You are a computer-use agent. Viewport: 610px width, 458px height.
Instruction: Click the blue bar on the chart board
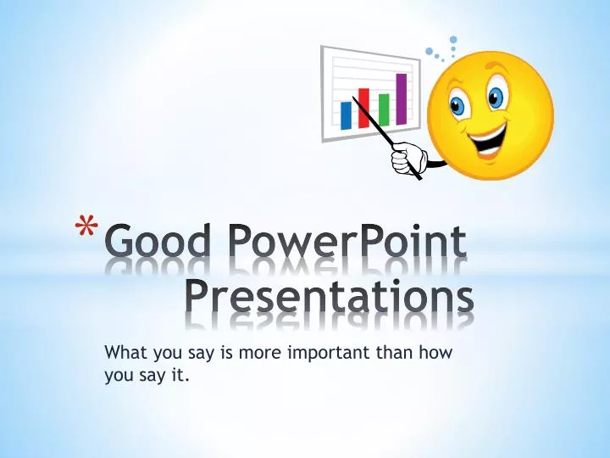346,114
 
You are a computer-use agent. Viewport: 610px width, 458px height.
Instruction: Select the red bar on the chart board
364,107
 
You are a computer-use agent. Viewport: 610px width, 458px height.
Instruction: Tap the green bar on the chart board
384,109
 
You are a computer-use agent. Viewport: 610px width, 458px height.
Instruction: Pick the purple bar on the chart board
402,98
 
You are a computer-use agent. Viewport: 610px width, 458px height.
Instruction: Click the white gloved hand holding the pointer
411,158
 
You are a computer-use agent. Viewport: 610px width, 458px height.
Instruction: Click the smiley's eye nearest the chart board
459,105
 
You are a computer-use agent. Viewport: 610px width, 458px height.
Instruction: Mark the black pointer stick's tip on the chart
354,96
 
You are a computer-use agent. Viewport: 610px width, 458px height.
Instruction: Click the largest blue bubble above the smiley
453,39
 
